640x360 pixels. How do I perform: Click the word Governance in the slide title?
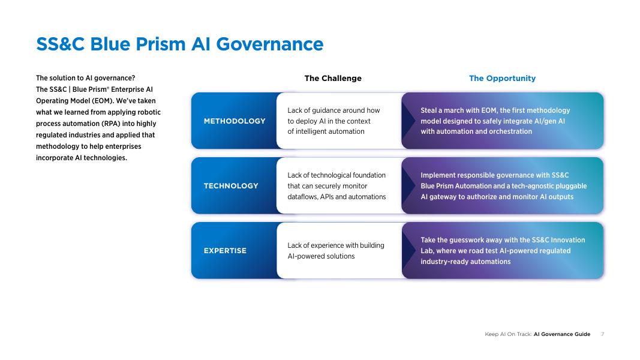[x=270, y=44]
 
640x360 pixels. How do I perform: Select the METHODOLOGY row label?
[x=235, y=121]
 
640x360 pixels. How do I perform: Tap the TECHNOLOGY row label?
[x=231, y=186]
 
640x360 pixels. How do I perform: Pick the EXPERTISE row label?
[x=225, y=251]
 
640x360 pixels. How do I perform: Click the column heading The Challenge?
[x=333, y=79]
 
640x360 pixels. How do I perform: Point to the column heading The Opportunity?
[x=502, y=79]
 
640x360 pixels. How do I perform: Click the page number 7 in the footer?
[x=602, y=334]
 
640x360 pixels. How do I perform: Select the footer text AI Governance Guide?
[x=562, y=334]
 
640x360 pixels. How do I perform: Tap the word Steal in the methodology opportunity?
[x=429, y=110]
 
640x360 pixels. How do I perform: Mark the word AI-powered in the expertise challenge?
[x=305, y=256]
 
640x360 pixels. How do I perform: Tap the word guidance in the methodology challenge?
[x=326, y=110]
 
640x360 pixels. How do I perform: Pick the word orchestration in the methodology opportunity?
[x=512, y=132]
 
